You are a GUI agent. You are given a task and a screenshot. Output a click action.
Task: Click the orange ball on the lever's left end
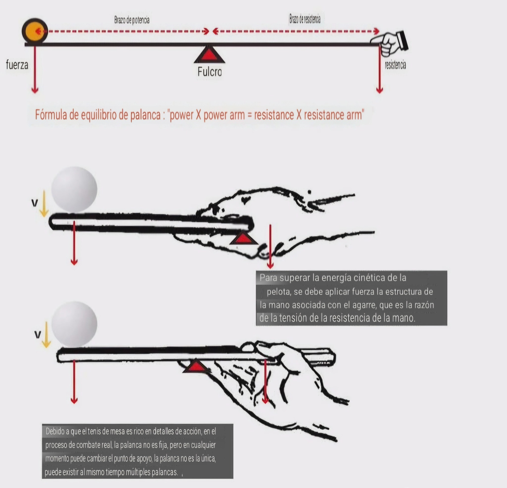35,31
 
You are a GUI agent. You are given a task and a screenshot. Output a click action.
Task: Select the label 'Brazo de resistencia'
305,19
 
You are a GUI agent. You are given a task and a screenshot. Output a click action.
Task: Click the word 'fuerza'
17,65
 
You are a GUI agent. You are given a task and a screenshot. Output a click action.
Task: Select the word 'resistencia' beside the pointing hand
395,65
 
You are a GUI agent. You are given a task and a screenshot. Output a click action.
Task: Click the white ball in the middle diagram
74,189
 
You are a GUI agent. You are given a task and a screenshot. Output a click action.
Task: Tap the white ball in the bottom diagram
74,324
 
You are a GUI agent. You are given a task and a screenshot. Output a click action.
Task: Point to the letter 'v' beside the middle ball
34,203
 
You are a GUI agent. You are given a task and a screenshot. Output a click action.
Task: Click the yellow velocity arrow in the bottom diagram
46,334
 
